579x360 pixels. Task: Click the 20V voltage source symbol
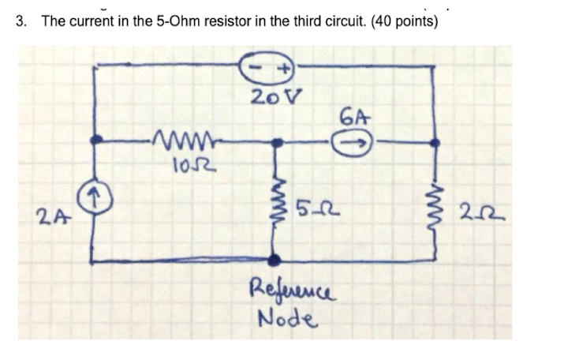click(269, 69)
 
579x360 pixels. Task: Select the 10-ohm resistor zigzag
click(186, 143)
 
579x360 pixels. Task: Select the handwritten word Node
click(286, 318)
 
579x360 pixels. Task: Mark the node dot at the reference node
click(275, 260)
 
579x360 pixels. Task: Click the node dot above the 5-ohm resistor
click(275, 144)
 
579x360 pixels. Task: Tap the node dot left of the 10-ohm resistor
click(95, 140)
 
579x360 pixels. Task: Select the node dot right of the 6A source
click(433, 143)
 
